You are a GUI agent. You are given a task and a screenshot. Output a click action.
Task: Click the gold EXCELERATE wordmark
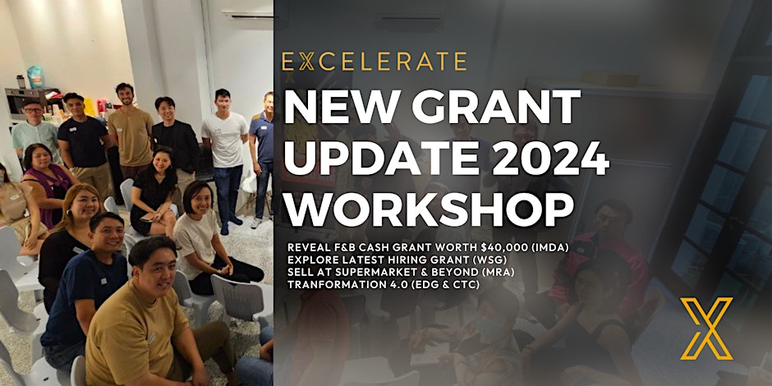pos(375,62)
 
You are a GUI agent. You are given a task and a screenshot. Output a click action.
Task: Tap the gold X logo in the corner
pos(707,329)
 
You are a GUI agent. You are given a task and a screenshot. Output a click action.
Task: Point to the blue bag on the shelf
pos(35,77)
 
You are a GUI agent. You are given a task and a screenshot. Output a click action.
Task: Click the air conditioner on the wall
pos(247,16)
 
